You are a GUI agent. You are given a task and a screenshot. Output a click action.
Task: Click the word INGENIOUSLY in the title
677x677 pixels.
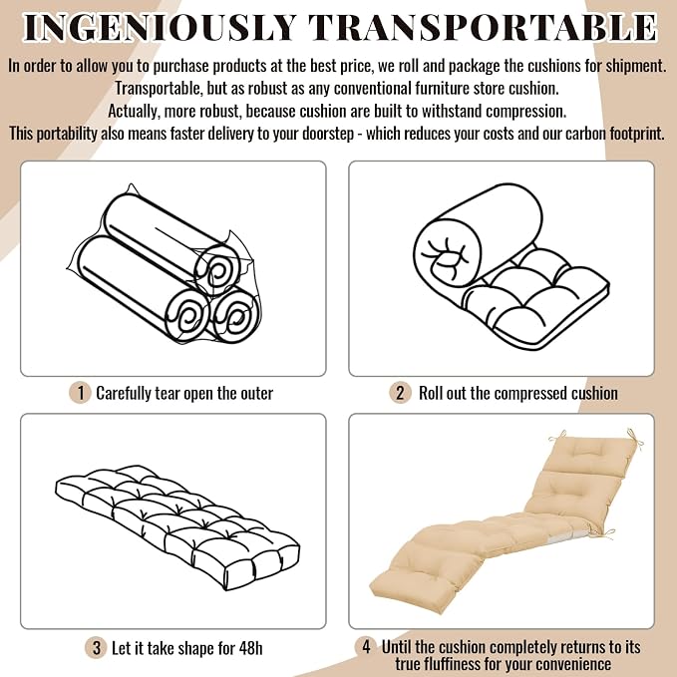(160, 28)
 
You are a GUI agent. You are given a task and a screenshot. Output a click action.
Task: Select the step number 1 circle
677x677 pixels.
(81, 393)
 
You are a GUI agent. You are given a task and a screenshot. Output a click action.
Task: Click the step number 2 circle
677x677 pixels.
(400, 393)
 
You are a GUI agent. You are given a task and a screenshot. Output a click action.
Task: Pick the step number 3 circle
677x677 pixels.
(97, 648)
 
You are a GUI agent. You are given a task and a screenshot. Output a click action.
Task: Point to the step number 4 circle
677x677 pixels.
(366, 647)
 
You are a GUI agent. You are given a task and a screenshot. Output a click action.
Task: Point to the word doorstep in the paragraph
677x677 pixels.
(328, 134)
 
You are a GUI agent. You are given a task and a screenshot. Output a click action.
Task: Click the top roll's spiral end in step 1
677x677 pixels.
(215, 270)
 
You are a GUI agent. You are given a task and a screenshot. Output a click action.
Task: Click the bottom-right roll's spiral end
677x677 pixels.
(235, 316)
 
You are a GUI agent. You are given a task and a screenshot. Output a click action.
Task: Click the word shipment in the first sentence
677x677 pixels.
(635, 67)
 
